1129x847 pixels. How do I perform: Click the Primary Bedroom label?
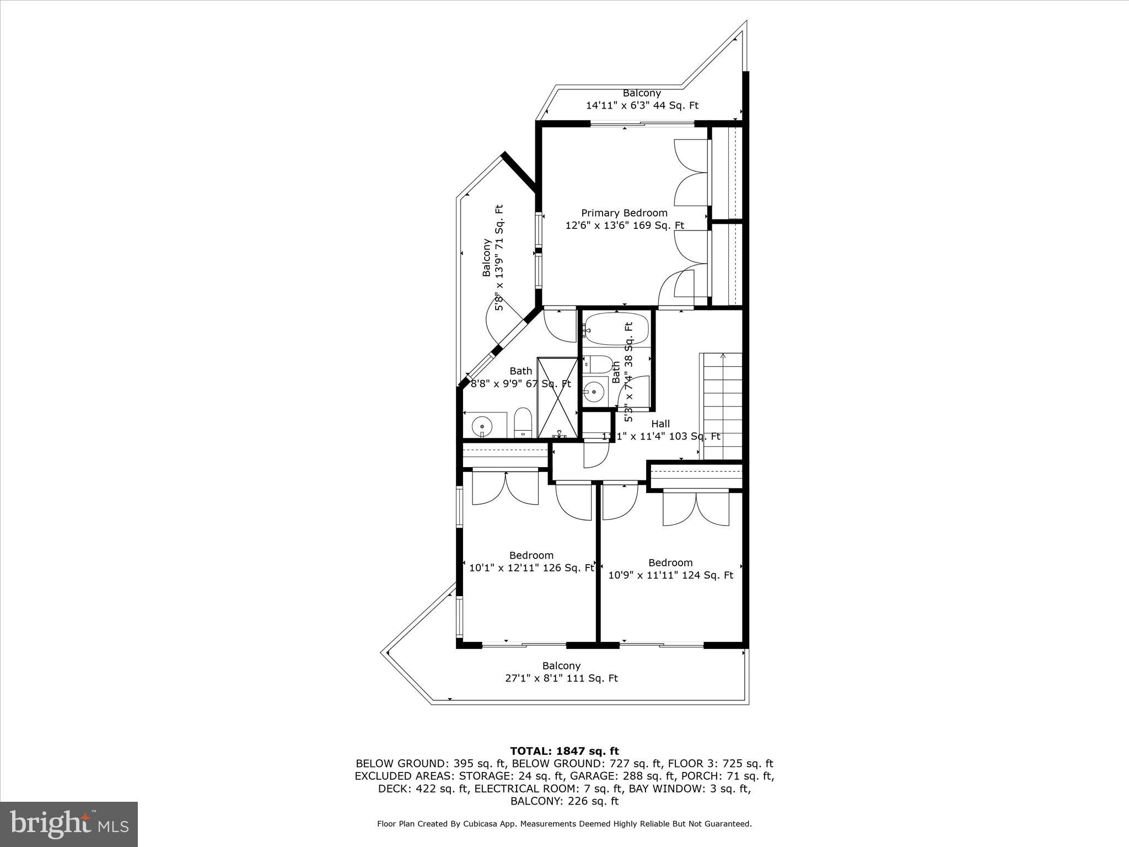click(624, 213)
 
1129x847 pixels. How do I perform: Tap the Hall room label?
click(660, 424)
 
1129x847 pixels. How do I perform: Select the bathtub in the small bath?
click(616, 329)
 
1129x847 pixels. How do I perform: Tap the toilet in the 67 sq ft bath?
click(522, 422)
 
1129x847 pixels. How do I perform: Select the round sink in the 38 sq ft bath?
click(595, 392)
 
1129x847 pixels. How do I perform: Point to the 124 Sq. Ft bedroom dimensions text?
click(670, 575)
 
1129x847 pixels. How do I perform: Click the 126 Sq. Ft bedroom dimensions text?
click(531, 568)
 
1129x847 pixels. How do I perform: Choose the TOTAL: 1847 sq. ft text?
click(564, 751)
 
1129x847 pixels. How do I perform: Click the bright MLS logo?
click(69, 824)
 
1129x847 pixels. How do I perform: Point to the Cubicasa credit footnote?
click(564, 824)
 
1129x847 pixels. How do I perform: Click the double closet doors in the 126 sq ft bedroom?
click(506, 487)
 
